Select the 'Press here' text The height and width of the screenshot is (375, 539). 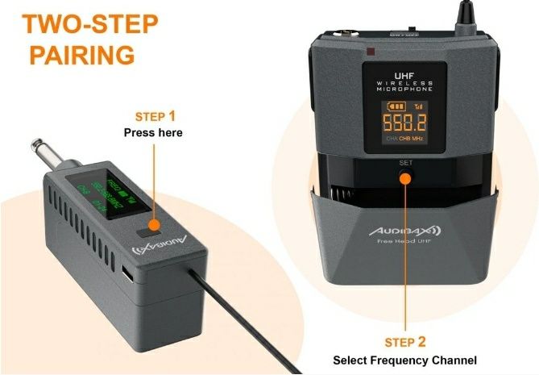[x=152, y=132]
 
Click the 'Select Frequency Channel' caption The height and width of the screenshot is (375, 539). [x=405, y=360]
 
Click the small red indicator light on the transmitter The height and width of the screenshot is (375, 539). [x=370, y=53]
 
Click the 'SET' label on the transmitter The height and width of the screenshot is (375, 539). [x=405, y=162]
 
